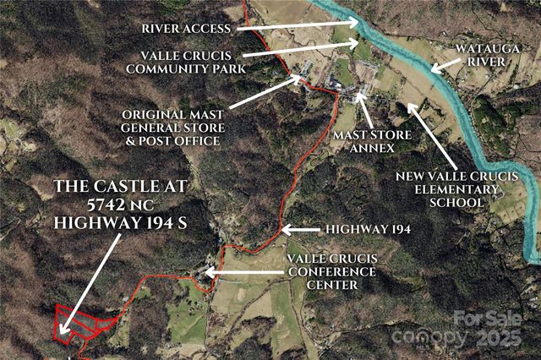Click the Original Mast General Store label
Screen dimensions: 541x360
point(172,126)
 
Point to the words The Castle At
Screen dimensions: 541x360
point(123,185)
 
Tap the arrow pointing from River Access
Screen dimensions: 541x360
point(296,26)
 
